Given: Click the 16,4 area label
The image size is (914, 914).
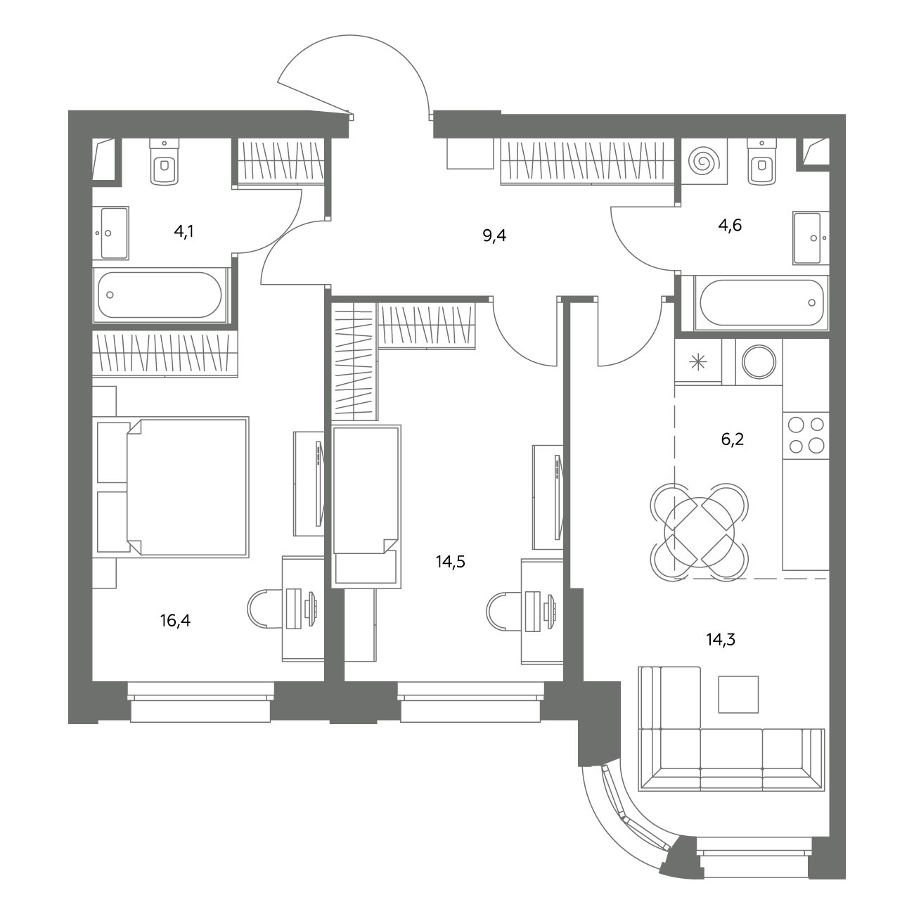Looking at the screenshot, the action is tap(175, 620).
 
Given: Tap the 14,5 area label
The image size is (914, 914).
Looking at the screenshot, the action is tap(450, 562).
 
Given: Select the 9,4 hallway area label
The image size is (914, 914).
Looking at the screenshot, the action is tap(494, 236).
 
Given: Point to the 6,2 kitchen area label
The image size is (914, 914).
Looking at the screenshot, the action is tap(733, 439).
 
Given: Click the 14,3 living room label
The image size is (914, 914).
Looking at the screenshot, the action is tap(721, 640).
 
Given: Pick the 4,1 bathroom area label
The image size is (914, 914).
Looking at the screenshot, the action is tap(184, 232).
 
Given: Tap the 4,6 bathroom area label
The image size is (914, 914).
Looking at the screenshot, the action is tap(730, 225).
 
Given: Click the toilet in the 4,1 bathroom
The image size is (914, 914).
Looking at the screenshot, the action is tap(165, 161).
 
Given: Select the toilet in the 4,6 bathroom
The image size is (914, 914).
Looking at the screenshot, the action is tap(761, 161).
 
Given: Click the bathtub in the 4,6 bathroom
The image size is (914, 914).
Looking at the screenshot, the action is tap(761, 302).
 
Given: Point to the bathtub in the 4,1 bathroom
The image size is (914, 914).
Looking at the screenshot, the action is tap(160, 295).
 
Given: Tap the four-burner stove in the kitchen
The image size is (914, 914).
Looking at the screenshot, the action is tap(806, 435).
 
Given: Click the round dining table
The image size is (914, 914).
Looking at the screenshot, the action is tap(700, 532).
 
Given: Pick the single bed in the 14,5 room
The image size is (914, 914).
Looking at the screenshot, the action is tap(366, 506).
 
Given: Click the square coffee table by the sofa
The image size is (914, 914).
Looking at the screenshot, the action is tap(738, 695).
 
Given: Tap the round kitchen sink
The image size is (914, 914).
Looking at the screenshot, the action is tap(759, 361).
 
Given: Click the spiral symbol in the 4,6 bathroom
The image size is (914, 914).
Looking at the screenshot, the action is tap(704, 161).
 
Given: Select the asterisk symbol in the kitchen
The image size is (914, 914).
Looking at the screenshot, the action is tap(697, 363).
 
